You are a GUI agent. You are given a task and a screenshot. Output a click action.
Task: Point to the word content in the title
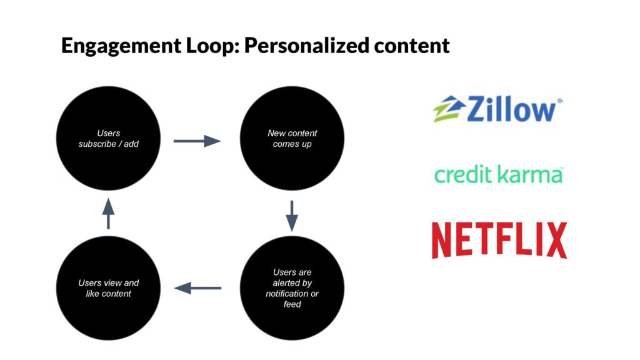[x=412, y=45]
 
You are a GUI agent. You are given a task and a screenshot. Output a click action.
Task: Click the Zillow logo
[x=497, y=109]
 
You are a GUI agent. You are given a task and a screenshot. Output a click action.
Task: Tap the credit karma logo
[x=498, y=174]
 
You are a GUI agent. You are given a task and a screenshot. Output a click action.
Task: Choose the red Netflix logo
[x=499, y=240]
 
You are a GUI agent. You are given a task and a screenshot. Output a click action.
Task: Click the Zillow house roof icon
[x=449, y=109]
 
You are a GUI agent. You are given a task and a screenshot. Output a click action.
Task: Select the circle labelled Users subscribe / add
[x=108, y=138]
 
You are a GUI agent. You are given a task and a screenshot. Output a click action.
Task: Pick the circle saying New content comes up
[x=292, y=138]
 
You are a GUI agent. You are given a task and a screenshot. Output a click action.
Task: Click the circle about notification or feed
[x=292, y=288]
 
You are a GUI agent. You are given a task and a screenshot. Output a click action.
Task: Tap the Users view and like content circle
[x=108, y=288]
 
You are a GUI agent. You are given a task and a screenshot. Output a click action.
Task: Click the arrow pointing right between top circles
[x=197, y=141]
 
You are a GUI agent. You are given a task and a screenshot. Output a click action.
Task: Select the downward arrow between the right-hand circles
[x=292, y=216]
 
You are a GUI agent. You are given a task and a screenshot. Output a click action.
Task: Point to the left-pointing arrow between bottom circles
[x=197, y=288]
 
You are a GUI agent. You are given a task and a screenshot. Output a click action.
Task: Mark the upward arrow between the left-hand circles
[x=108, y=214]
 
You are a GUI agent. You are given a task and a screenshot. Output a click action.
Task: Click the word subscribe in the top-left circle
[x=97, y=144]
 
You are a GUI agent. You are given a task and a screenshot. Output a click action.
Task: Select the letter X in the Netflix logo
[x=557, y=240]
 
